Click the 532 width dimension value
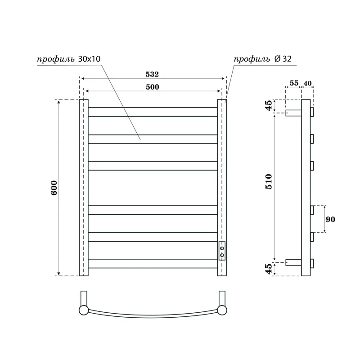point(152,73)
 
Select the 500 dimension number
point(152,87)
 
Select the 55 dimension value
point(293,83)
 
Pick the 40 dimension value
point(307,83)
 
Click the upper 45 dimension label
point(269,106)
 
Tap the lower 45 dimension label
point(269,269)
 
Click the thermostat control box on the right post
point(222,251)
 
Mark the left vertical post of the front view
point(84,187)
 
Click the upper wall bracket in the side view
point(293,112)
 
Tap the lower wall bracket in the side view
point(293,261)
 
